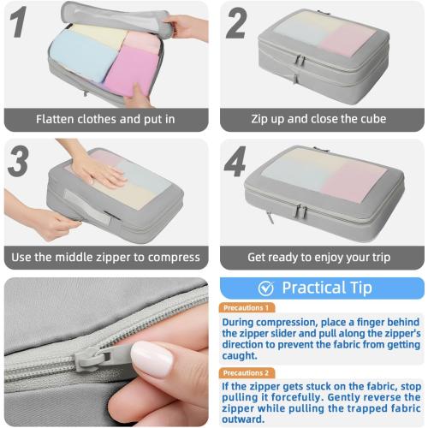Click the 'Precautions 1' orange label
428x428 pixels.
(x=247, y=307)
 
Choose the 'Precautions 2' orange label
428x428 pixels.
(x=247, y=373)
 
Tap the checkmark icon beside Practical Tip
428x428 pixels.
(x=266, y=288)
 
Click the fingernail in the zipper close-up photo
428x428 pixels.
(x=153, y=360)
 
